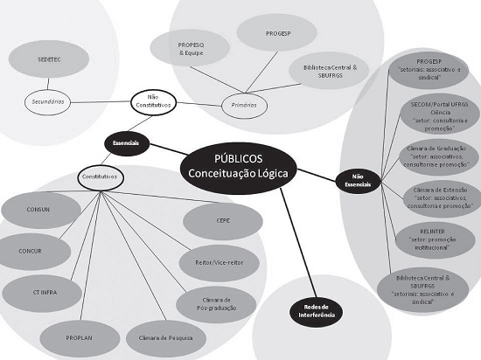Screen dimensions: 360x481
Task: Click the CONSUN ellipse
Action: coord(38,210)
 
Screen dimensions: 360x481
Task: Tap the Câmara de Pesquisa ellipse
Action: coord(166,336)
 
